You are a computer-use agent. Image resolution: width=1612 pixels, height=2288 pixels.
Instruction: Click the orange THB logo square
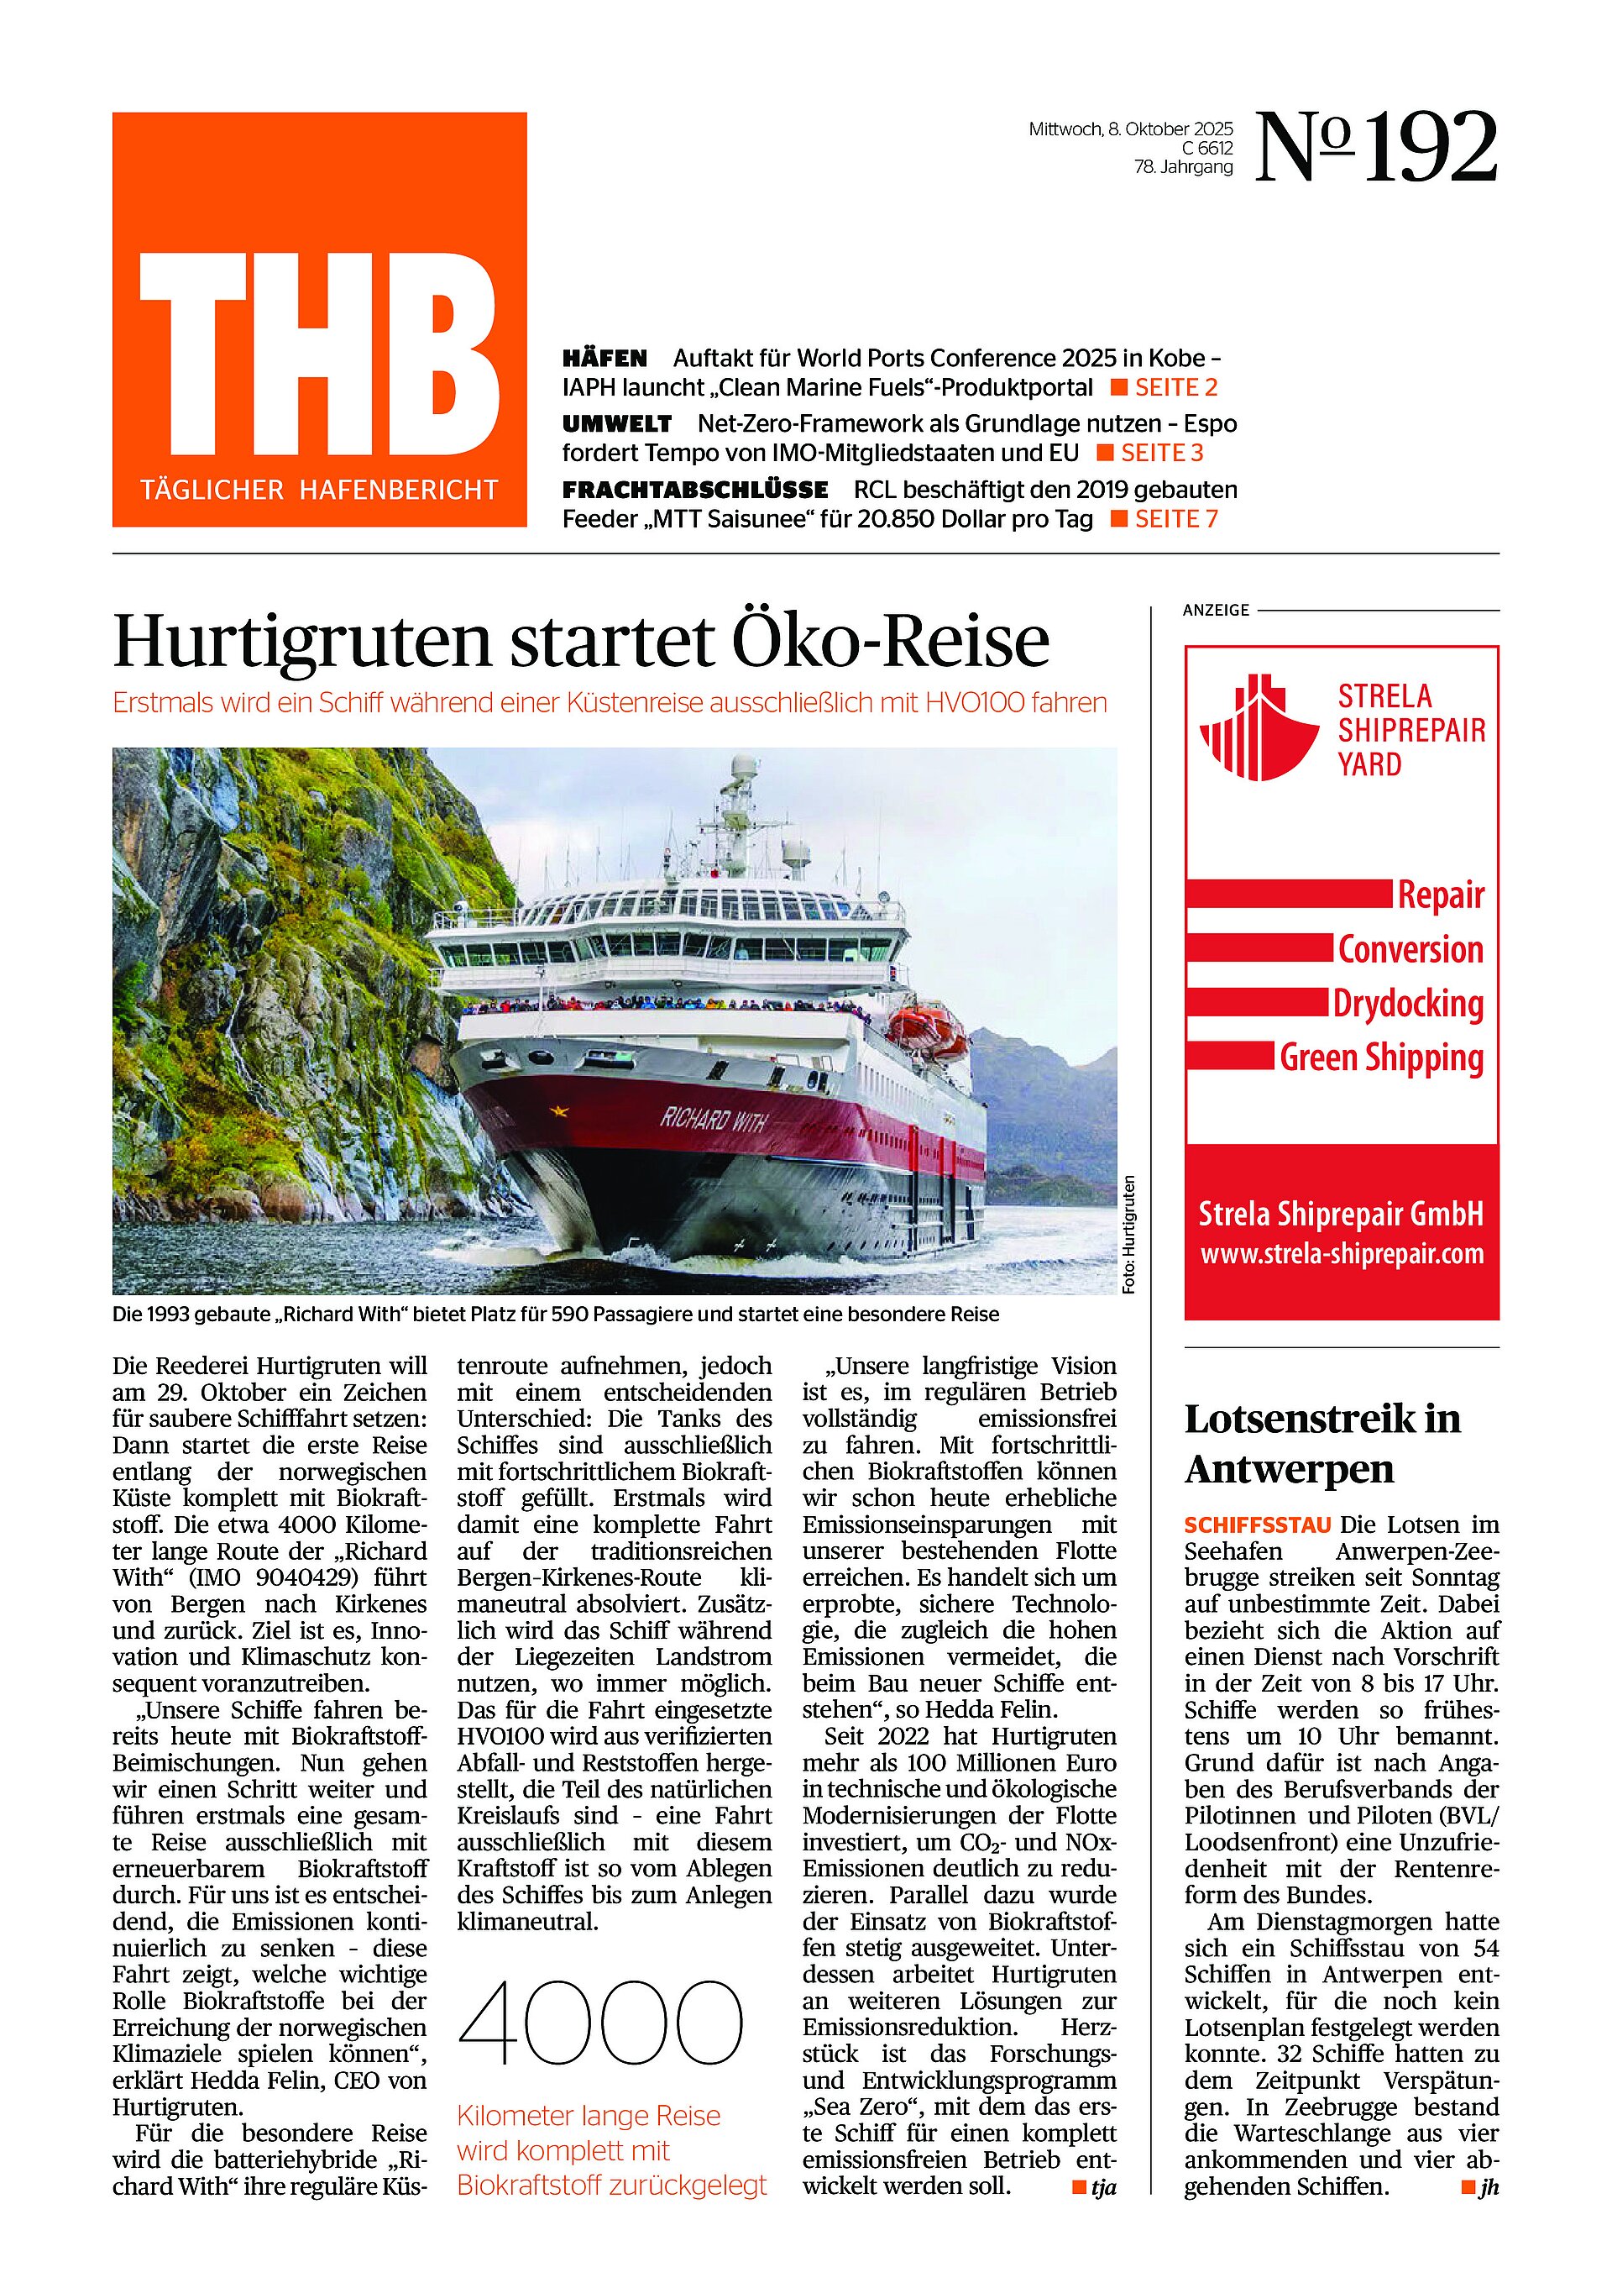(319, 319)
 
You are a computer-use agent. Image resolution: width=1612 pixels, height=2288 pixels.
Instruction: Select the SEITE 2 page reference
(1175, 388)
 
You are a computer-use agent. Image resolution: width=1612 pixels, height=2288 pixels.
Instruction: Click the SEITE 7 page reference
(1175, 519)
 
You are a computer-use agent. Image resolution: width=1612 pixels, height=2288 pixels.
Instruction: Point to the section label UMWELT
(617, 423)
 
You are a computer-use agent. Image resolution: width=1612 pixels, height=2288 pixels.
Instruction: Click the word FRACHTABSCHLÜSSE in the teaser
(694, 491)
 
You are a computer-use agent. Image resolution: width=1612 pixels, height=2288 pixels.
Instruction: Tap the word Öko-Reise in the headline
(891, 641)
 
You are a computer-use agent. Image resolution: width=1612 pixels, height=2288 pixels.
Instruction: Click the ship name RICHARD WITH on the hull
(714, 1120)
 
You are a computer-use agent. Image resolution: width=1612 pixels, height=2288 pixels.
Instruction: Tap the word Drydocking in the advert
(1408, 1004)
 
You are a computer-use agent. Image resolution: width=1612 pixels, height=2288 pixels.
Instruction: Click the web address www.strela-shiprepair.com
(1342, 1254)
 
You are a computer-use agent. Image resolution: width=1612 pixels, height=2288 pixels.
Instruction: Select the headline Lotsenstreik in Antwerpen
(1322, 1444)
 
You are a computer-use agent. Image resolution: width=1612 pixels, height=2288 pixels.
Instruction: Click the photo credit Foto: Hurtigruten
(1128, 1236)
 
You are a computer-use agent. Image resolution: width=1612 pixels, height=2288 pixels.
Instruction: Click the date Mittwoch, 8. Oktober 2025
(1131, 129)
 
